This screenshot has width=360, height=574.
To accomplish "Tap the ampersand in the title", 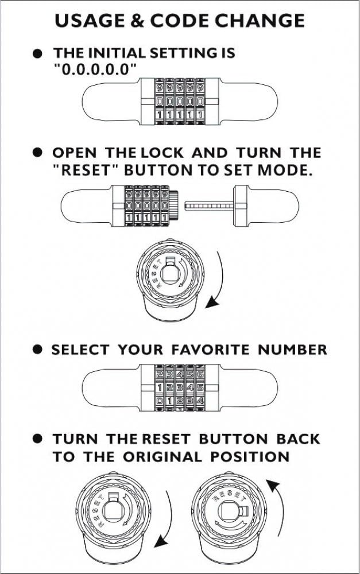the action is point(138,21).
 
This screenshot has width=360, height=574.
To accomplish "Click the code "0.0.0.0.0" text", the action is point(96,69).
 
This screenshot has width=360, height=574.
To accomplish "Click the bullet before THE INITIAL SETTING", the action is point(38,53).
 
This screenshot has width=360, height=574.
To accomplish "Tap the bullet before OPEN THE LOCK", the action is point(38,153).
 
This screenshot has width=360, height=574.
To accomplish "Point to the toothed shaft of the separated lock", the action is point(209,206).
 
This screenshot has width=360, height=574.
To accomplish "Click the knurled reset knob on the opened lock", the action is point(174,205).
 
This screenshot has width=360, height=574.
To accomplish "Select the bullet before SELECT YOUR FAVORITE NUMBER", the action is point(38,349).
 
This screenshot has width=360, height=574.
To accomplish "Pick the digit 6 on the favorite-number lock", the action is point(200,374).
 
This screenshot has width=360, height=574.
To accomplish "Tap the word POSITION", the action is point(250,457).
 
